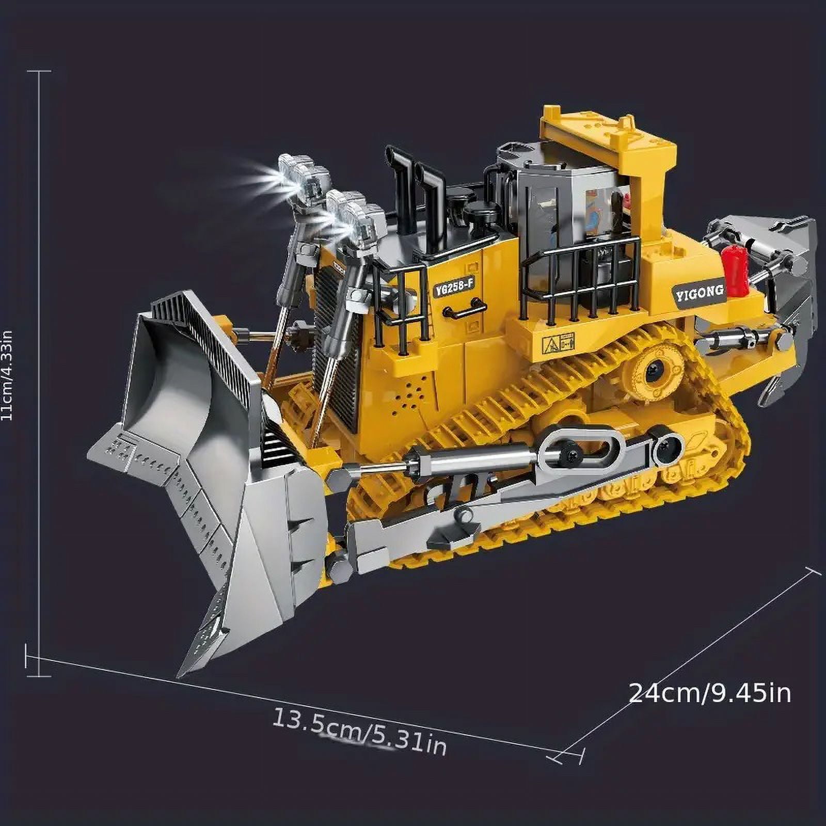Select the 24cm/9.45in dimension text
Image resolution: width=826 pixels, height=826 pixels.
pyautogui.click(x=710, y=694)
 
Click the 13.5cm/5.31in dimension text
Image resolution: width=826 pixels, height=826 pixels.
pyautogui.click(x=359, y=732)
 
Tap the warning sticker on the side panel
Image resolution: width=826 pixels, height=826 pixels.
pyautogui.click(x=558, y=343)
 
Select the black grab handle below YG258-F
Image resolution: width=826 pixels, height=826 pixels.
pyautogui.click(x=464, y=310)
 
